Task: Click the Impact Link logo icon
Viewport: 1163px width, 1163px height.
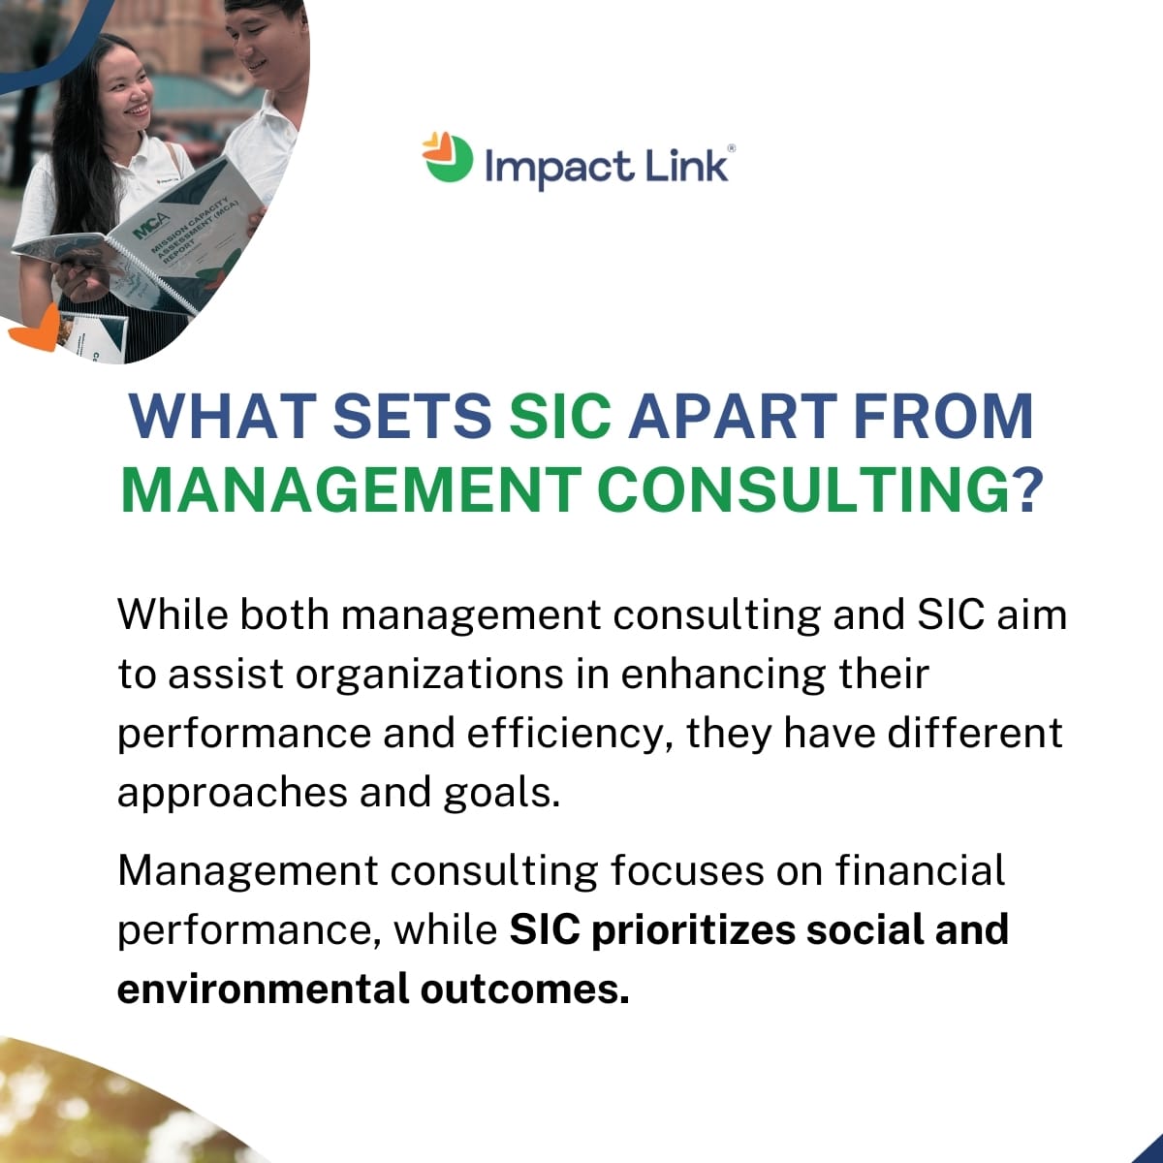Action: coord(448,158)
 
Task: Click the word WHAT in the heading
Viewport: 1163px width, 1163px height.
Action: coord(223,417)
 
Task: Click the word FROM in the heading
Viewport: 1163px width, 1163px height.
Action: coord(943,417)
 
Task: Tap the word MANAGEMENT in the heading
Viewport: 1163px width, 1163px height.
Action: coord(351,490)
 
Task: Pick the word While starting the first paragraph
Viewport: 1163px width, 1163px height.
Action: coord(173,615)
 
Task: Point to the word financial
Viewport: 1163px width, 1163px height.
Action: coord(920,870)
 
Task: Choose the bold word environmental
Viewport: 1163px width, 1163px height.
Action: coord(263,990)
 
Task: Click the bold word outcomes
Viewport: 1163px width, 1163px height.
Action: coord(524,990)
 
